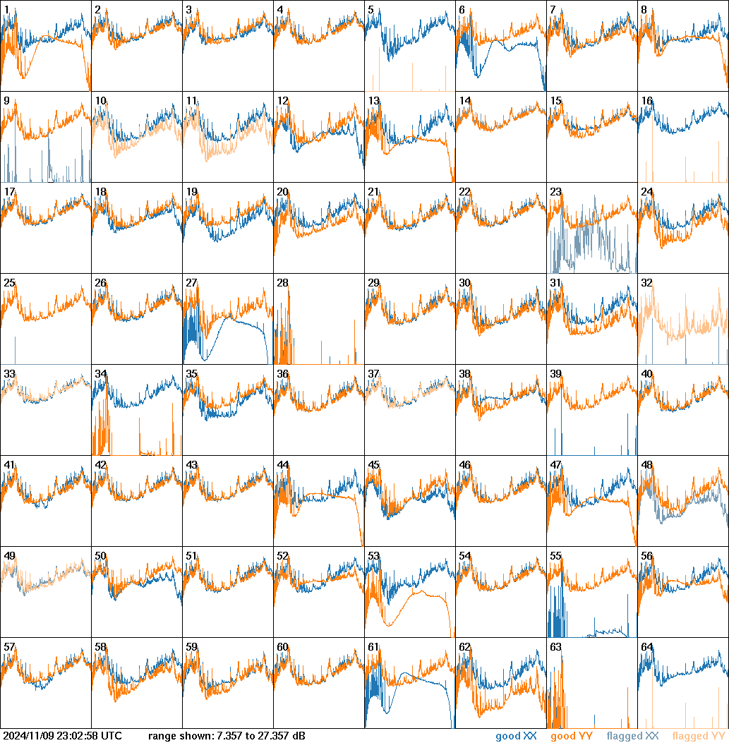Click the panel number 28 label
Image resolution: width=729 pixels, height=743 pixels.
283,283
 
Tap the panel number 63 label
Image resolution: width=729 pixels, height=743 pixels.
556,647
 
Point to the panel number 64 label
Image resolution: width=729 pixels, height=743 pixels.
647,647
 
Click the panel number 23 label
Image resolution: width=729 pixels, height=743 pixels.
556,191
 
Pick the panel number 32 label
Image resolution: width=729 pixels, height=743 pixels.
647,283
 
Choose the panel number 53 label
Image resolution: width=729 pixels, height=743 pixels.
374,556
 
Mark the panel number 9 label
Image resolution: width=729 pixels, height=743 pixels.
6,100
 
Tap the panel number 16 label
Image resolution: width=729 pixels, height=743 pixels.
647,100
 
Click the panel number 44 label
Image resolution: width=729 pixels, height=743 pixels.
283,465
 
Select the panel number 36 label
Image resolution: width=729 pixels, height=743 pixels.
283,374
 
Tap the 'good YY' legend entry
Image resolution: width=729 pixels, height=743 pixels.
572,737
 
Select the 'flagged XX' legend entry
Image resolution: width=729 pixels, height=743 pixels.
633,737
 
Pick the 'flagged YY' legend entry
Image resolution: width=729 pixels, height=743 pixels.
699,737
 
